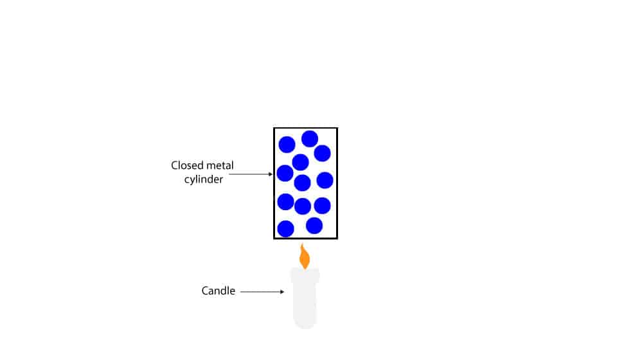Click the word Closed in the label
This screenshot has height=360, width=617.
[186, 165]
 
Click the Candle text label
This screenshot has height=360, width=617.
[219, 291]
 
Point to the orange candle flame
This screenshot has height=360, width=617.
[305, 257]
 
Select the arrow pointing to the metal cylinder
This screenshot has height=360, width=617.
[251, 174]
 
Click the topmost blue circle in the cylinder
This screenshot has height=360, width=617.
[310, 138]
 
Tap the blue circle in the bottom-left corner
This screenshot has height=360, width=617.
[285, 229]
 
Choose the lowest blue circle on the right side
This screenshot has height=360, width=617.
[314, 226]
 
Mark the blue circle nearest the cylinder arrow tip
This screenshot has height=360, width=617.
[285, 173]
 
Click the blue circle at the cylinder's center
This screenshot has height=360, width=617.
[302, 183]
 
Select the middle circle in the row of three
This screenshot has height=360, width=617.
[303, 206]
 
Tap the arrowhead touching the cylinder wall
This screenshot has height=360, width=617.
[271, 174]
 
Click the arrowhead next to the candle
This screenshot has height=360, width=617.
[282, 292]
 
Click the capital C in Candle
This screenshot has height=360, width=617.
[206, 291]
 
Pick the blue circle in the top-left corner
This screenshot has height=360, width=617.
[287, 145]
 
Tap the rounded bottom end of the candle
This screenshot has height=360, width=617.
[305, 325]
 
